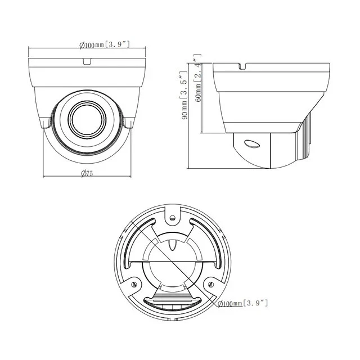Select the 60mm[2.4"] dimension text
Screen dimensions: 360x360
coord(196,76)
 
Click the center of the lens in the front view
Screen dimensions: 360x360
coord(87,116)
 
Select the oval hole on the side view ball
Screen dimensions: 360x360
coord(252,143)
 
